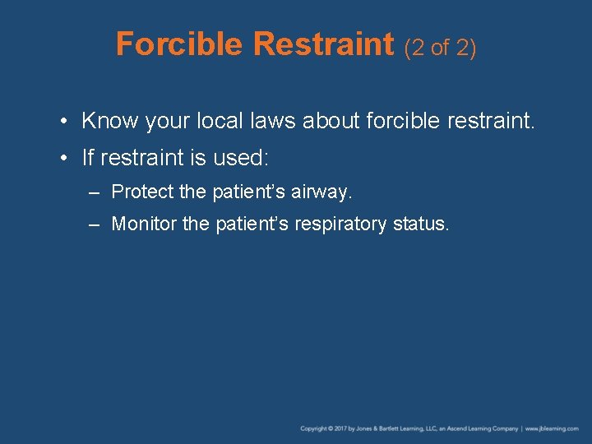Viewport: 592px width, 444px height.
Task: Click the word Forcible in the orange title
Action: (x=182, y=44)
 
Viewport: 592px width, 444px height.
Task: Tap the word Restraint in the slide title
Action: (x=325, y=44)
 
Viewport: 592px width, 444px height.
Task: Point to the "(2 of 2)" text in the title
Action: (x=440, y=48)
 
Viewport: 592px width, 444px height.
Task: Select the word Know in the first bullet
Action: (x=110, y=122)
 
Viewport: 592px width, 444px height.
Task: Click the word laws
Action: (x=270, y=122)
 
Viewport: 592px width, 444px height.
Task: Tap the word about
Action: (x=330, y=122)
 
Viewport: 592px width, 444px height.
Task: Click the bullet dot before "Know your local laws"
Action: (x=64, y=123)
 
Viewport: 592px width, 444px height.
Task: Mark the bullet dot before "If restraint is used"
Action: (x=64, y=157)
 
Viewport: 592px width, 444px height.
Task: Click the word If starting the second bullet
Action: (x=88, y=157)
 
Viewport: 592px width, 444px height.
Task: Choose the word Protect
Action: (x=142, y=192)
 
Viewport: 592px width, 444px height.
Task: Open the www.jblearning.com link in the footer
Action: (x=552, y=428)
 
